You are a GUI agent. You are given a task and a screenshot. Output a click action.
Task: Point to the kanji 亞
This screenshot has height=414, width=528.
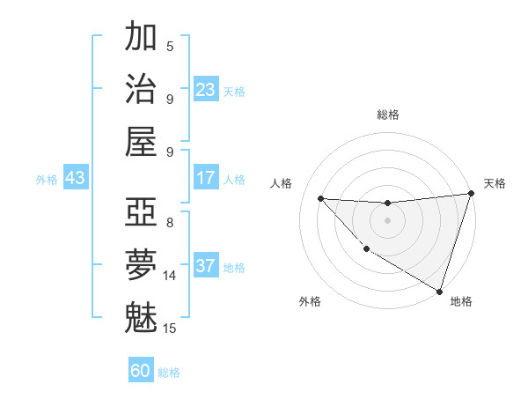(x=141, y=212)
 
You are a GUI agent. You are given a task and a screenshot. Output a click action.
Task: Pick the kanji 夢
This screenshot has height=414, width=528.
(x=141, y=264)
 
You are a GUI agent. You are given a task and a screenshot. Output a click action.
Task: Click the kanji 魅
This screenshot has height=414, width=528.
(x=141, y=316)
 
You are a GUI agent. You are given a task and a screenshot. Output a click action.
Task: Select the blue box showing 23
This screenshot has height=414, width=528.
(x=206, y=90)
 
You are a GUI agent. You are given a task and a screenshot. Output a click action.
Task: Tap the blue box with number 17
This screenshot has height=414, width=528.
(x=206, y=178)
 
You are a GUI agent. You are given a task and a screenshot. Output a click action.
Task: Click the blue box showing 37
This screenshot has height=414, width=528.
(x=206, y=266)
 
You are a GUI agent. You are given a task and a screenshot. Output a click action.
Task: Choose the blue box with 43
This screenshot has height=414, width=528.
(x=76, y=178)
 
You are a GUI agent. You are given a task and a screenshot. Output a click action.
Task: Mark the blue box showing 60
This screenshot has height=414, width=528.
(x=141, y=371)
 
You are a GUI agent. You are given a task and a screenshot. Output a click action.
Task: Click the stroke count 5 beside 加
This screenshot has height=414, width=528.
(x=170, y=46)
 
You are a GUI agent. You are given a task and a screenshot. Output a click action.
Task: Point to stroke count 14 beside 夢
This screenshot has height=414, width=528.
(x=170, y=275)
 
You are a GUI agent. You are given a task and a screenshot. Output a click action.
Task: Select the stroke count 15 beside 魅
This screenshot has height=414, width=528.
(x=170, y=329)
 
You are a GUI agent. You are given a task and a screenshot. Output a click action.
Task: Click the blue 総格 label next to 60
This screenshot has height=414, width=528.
(x=169, y=373)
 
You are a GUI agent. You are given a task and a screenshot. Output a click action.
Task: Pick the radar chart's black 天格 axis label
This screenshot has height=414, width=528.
(x=495, y=183)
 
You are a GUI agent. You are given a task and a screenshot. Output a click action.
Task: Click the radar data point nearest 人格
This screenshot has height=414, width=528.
(x=320, y=198)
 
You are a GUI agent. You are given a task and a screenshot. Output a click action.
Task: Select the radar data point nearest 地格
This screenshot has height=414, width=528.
(x=439, y=291)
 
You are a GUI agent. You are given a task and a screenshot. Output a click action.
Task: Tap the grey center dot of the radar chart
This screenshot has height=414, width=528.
(x=387, y=219)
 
